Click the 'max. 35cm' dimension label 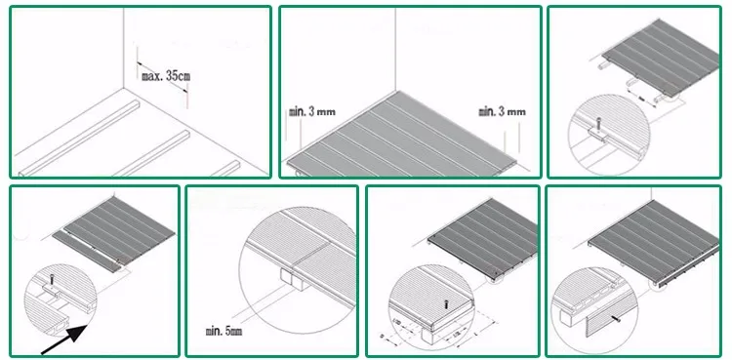(x=164, y=75)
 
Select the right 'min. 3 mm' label (x=502, y=112)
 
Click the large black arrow (x=65, y=337)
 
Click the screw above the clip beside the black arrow (x=51, y=279)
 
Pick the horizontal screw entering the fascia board (x=618, y=318)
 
